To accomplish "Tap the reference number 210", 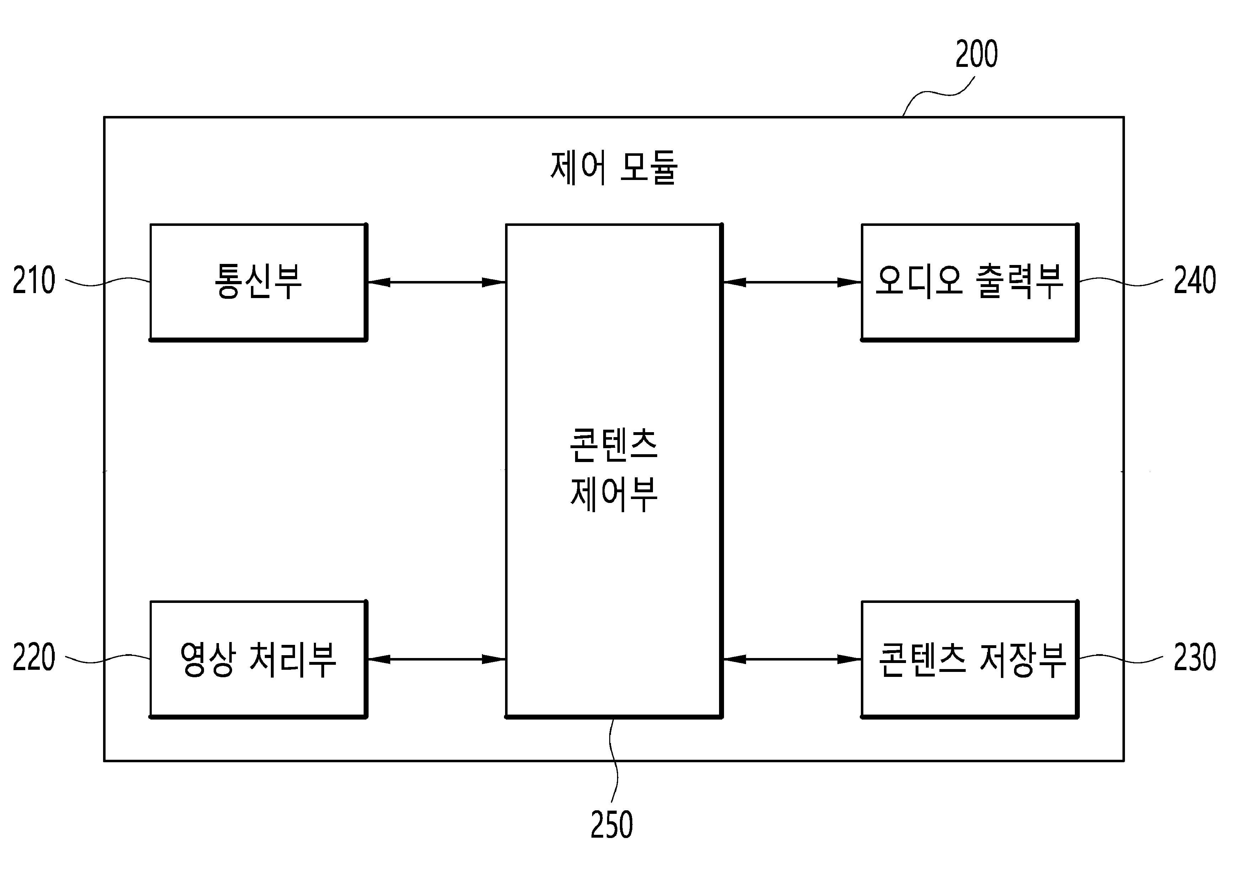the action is point(33,280).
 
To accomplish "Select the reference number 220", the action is point(33,657).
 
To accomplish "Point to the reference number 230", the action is point(1195,657).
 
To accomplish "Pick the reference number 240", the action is point(1195,280).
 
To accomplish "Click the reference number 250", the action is point(612,824).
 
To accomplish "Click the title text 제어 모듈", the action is point(614,168).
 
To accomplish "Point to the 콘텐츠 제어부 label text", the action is point(614,470).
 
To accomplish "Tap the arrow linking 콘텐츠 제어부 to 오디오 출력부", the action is point(792,282).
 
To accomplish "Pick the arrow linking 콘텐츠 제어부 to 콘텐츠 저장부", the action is point(792,659).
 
